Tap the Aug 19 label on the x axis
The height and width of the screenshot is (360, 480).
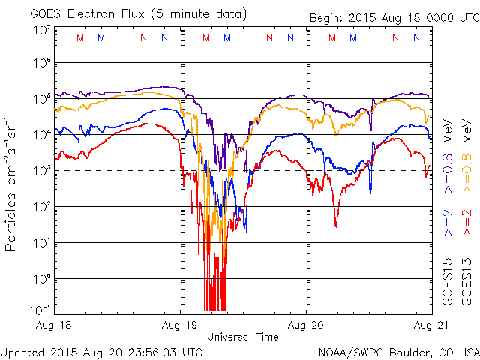tap(181, 325)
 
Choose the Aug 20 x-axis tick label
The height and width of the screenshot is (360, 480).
tap(307, 325)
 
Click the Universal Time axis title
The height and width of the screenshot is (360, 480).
tap(243, 337)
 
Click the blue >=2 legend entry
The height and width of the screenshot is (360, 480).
tap(448, 226)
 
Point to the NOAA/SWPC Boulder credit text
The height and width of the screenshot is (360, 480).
tap(398, 352)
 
